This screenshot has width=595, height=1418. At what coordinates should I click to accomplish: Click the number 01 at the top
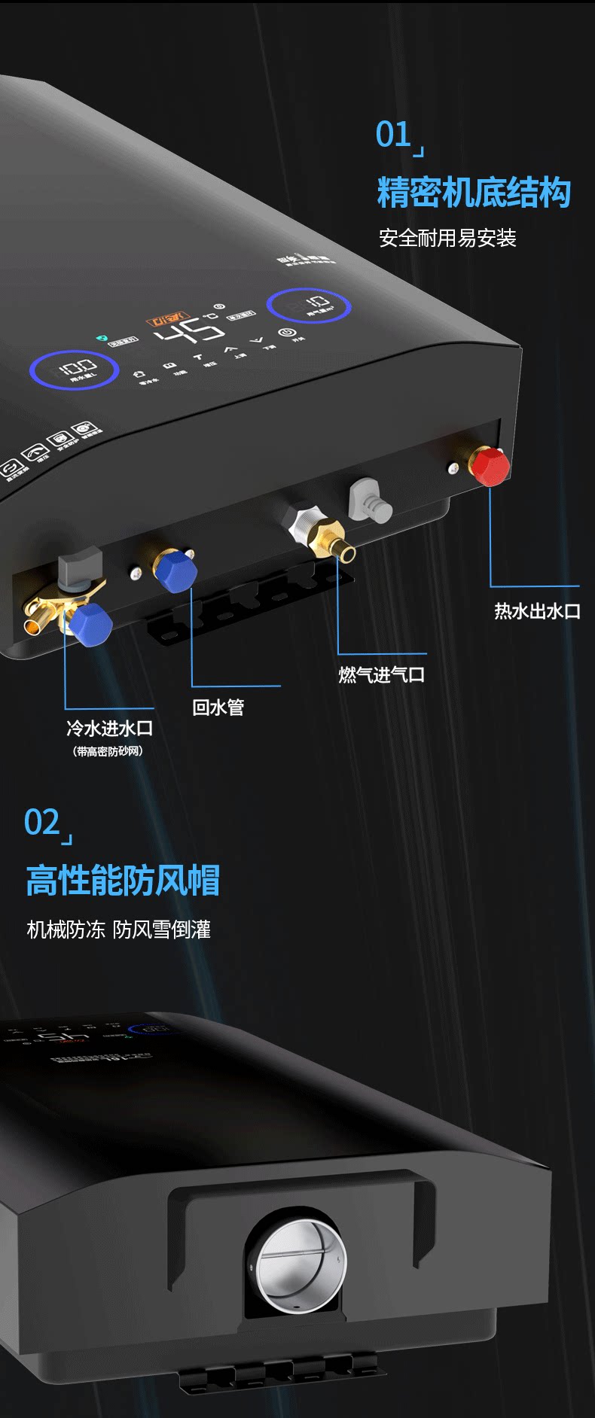[393, 135]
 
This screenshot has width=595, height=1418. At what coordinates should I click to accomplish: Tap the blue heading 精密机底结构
[474, 193]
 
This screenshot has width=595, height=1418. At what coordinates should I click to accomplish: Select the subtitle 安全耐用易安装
[447, 239]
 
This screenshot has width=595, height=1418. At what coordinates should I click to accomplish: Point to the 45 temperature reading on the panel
[189, 331]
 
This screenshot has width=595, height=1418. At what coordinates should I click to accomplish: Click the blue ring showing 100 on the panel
[74, 370]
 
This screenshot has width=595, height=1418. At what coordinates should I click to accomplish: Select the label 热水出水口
[537, 611]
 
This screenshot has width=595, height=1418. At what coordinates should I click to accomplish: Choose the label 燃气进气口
[381, 674]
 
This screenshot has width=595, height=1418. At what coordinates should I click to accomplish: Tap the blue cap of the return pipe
[175, 571]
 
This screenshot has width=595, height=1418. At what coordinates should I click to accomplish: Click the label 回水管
[218, 707]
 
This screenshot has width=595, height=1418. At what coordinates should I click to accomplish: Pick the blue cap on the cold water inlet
[91, 624]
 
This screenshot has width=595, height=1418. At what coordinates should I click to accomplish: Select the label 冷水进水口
[110, 729]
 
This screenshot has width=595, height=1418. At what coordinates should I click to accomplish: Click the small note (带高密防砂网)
[108, 751]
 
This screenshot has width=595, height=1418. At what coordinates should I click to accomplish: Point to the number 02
[42, 823]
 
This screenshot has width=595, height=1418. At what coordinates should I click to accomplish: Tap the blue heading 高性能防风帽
[123, 880]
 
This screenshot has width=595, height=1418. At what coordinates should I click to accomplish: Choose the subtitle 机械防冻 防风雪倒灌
[119, 930]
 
